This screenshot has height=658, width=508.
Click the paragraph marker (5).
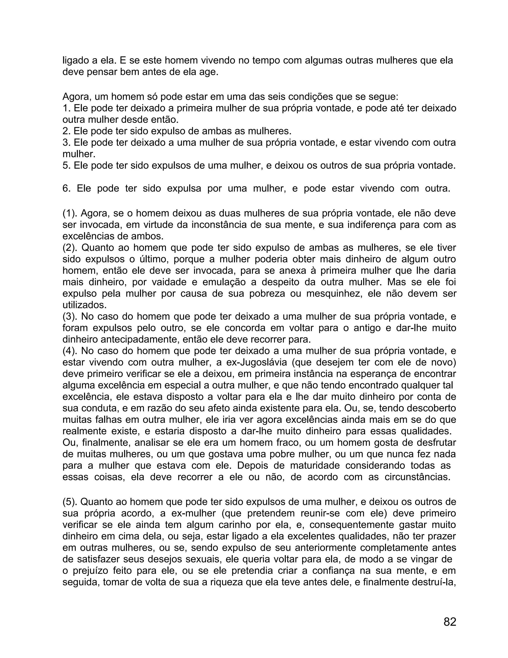pos(70,502)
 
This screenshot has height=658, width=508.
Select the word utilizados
pos(84,305)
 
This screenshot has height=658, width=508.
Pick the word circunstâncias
pos(417,477)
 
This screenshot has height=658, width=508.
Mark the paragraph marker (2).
pos(70,248)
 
